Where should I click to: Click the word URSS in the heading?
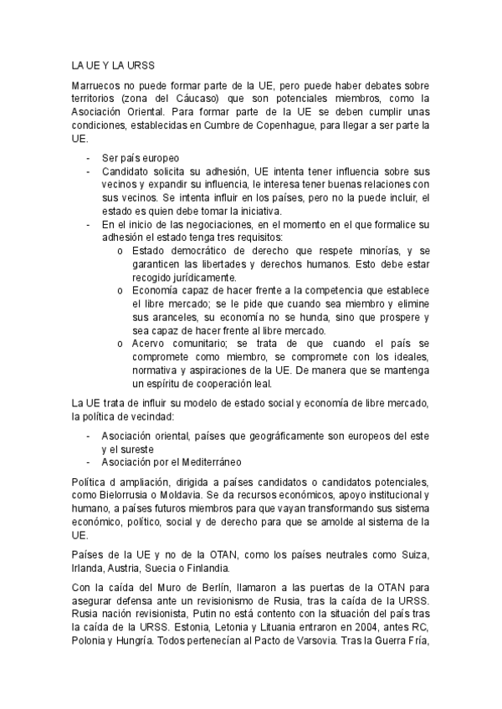(138, 64)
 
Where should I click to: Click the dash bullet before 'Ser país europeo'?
(90, 157)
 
